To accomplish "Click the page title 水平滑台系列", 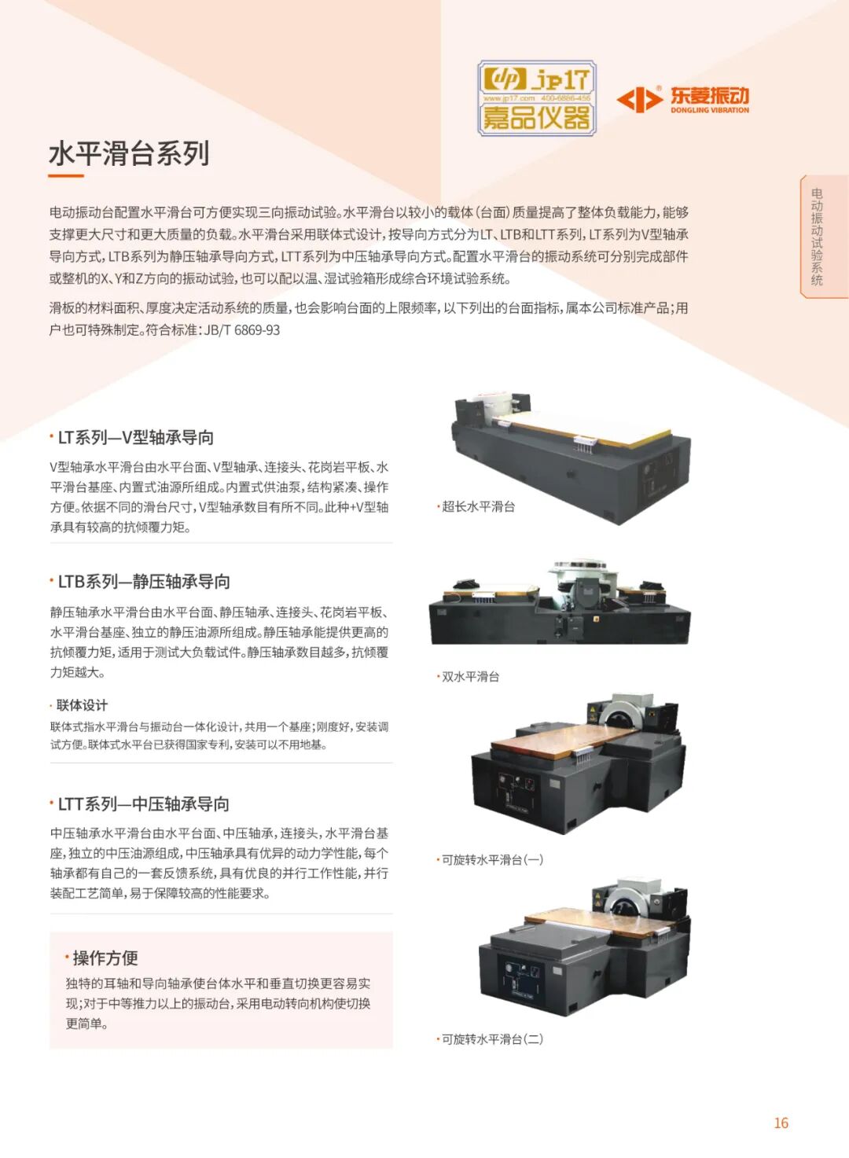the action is click(x=129, y=153).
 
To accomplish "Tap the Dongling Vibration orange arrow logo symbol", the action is click(x=639, y=99).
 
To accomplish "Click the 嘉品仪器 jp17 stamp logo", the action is click(x=537, y=98).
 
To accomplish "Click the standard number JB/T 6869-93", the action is click(x=242, y=330).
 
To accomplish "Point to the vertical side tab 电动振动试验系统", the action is click(x=817, y=237).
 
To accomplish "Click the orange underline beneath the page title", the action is click(x=66, y=176).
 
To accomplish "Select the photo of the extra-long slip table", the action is click(x=571, y=458).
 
